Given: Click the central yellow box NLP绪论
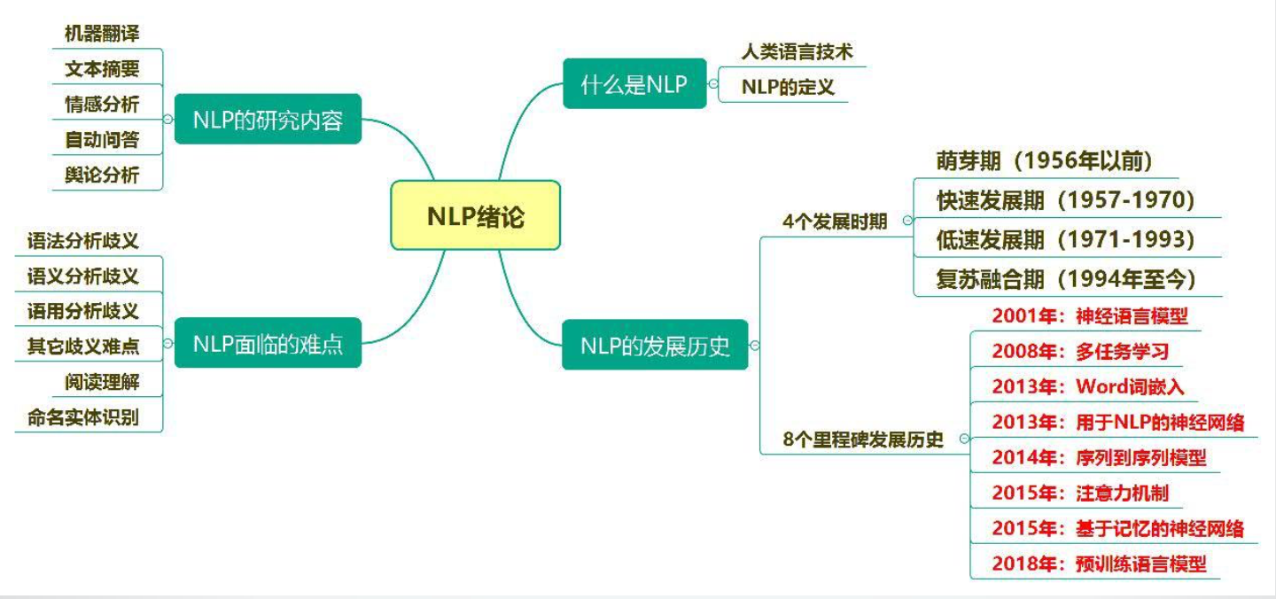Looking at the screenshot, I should tap(475, 215).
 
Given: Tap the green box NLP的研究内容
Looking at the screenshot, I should tap(268, 119).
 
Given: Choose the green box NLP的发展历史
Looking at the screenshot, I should tap(655, 345).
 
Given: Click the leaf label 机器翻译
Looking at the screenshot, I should tap(102, 34).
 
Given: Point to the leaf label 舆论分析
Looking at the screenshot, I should tap(102, 175).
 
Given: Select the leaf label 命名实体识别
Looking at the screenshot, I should tap(89, 416).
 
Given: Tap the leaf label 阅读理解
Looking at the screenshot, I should tap(102, 381).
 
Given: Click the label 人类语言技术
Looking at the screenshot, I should tap(797, 52).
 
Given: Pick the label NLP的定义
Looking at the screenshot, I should tap(788, 88).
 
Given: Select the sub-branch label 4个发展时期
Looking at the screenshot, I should tap(835, 221).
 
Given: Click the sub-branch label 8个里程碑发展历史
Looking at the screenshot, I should tap(863, 439).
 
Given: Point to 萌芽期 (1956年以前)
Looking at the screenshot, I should tap(1043, 160).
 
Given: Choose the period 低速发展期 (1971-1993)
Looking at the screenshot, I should tap(1065, 239).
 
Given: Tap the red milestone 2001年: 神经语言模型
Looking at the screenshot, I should tap(1089, 315).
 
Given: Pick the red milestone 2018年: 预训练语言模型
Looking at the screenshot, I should tap(1099, 563).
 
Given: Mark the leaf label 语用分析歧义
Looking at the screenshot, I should tap(83, 310).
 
